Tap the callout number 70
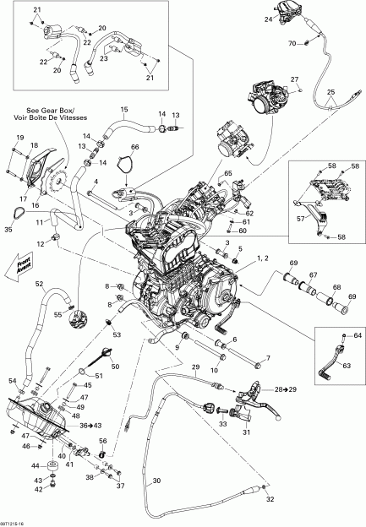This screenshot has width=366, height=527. pos(292,42)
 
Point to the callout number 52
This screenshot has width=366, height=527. pos(39,284)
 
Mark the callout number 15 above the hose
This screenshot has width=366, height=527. pos(123,110)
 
